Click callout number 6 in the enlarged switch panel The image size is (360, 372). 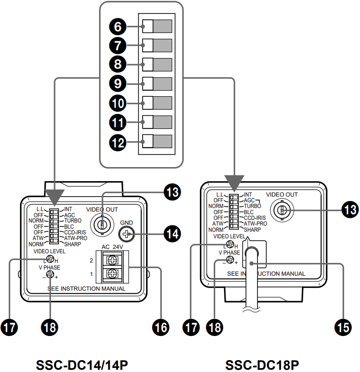(x=117, y=27)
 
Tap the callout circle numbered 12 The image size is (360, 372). (x=117, y=142)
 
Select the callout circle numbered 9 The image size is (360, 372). (x=117, y=83)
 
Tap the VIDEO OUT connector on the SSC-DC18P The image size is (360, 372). (x=282, y=211)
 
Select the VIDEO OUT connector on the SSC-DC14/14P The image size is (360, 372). (x=102, y=224)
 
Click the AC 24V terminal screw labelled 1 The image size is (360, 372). (x=112, y=274)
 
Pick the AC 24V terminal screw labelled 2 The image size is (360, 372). (x=112, y=261)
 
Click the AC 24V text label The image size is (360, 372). (x=112, y=247)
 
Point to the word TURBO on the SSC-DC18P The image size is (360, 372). (x=253, y=206)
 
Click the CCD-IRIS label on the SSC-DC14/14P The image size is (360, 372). (x=75, y=232)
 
